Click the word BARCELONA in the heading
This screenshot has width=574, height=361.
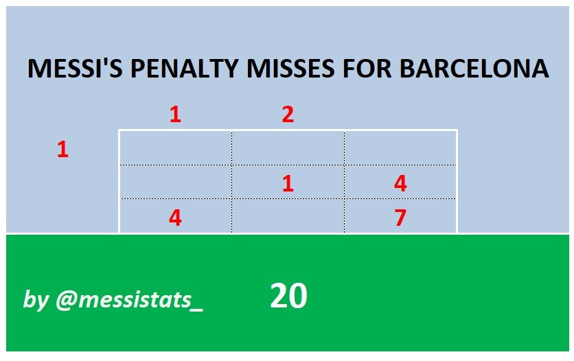(x=474, y=69)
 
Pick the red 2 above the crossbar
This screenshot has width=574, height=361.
(x=288, y=115)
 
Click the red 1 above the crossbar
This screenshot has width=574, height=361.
(x=175, y=115)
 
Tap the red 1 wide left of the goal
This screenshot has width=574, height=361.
(x=62, y=150)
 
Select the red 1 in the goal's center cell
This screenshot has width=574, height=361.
(x=288, y=183)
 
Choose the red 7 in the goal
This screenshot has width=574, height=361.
(x=400, y=218)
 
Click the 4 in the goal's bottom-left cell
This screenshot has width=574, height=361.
(x=175, y=218)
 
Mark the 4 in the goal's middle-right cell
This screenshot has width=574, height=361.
(x=400, y=183)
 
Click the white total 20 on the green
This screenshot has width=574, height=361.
(x=288, y=296)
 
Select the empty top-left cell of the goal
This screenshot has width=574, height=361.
(x=175, y=148)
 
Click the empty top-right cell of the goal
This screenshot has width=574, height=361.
(x=400, y=148)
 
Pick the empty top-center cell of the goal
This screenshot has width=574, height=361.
(x=288, y=148)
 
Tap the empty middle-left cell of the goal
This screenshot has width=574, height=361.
(x=175, y=182)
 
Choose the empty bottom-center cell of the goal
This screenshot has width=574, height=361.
(x=288, y=216)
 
